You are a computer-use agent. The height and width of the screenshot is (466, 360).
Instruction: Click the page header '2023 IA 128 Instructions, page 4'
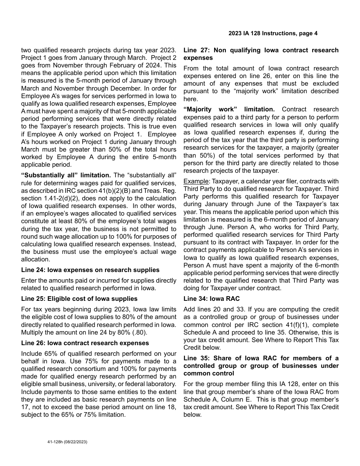(x=273, y=33)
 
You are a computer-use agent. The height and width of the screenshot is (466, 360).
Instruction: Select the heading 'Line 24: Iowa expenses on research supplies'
(x=90, y=270)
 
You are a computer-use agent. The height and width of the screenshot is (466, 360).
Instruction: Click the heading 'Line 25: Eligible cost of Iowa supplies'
(x=79, y=299)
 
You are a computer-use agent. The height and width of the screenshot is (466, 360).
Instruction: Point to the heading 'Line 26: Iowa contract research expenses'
(x=85, y=343)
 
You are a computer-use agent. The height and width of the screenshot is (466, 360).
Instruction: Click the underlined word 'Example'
(x=196, y=181)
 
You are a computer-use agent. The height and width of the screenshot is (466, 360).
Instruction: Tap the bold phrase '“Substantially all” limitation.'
(x=66, y=175)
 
